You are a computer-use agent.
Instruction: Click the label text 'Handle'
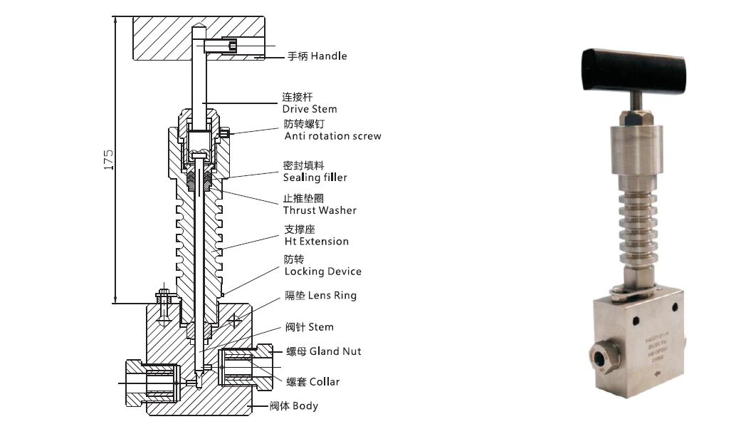(x=328, y=56)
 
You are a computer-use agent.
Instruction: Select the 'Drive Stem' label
(x=310, y=109)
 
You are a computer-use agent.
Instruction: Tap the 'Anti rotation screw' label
(x=332, y=136)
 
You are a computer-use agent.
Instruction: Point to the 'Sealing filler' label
(x=315, y=177)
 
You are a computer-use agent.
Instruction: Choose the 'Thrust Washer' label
(x=320, y=210)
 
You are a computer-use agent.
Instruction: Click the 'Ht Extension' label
(x=316, y=242)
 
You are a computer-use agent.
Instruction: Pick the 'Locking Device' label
(x=322, y=272)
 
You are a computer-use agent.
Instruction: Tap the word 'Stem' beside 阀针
(x=320, y=327)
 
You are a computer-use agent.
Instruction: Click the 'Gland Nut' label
(x=335, y=351)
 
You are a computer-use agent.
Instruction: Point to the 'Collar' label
(x=324, y=382)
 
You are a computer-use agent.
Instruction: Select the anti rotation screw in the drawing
(x=226, y=133)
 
